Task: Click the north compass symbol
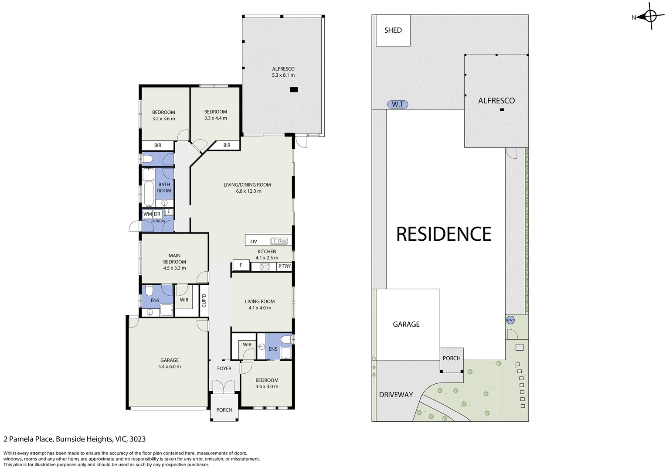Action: click(650, 17)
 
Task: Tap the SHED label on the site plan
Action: click(393, 30)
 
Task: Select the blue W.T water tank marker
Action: click(398, 104)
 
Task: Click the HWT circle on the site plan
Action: click(510, 320)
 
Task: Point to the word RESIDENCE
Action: click(444, 234)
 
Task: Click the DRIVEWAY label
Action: click(396, 395)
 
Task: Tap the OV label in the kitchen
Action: click(254, 241)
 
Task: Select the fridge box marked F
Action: click(241, 265)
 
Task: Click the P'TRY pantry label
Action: click(284, 266)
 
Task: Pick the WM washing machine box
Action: click(147, 214)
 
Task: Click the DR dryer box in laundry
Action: click(157, 214)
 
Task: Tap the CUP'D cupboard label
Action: click(204, 300)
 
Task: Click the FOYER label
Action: click(224, 369)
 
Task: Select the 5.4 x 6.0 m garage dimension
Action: click(170, 367)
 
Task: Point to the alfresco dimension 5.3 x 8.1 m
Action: click(283, 75)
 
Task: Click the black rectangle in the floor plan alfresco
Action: click(294, 90)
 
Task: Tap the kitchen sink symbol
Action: click(279, 241)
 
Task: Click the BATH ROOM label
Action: click(164, 188)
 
